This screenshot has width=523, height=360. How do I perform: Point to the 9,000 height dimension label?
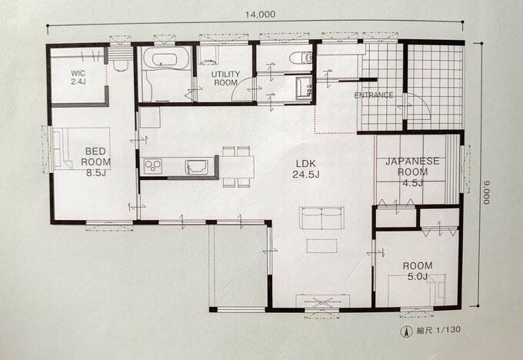coord(488,192)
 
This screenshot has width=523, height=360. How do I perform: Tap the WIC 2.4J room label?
coord(78,78)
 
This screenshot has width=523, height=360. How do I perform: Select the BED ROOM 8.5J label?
coord(95,162)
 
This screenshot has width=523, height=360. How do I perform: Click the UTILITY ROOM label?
coord(226,78)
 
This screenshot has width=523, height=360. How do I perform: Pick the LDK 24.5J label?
coord(306,169)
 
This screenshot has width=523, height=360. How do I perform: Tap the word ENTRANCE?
coord(374,95)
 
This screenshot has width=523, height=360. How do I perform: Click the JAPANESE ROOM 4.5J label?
coord(412,172)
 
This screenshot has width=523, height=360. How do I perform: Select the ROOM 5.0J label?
coord(418,271)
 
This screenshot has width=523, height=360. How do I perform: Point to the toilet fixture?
coord(301,58)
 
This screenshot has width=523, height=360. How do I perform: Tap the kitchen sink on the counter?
coord(197,166)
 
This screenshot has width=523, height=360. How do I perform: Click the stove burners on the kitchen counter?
coord(153,166)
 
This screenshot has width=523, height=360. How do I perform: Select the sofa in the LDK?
coord(321,218)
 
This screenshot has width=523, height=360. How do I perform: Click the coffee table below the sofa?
coord(321,246)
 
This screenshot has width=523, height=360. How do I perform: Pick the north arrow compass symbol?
coord(406,331)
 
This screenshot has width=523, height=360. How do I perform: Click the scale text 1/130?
coord(448,330)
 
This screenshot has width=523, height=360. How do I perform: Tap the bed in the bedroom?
coord(82,148)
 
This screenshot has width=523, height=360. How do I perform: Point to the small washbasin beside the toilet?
coord(304,88)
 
